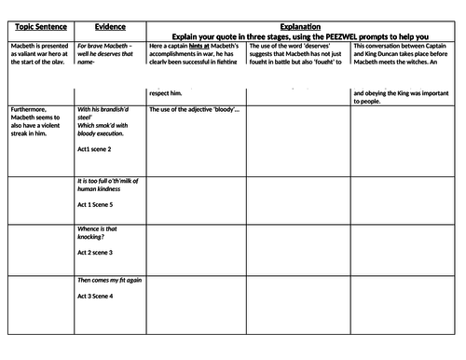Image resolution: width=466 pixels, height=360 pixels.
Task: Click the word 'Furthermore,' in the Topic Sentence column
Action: click(x=29, y=110)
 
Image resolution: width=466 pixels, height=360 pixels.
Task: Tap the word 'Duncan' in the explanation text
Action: click(x=385, y=55)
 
